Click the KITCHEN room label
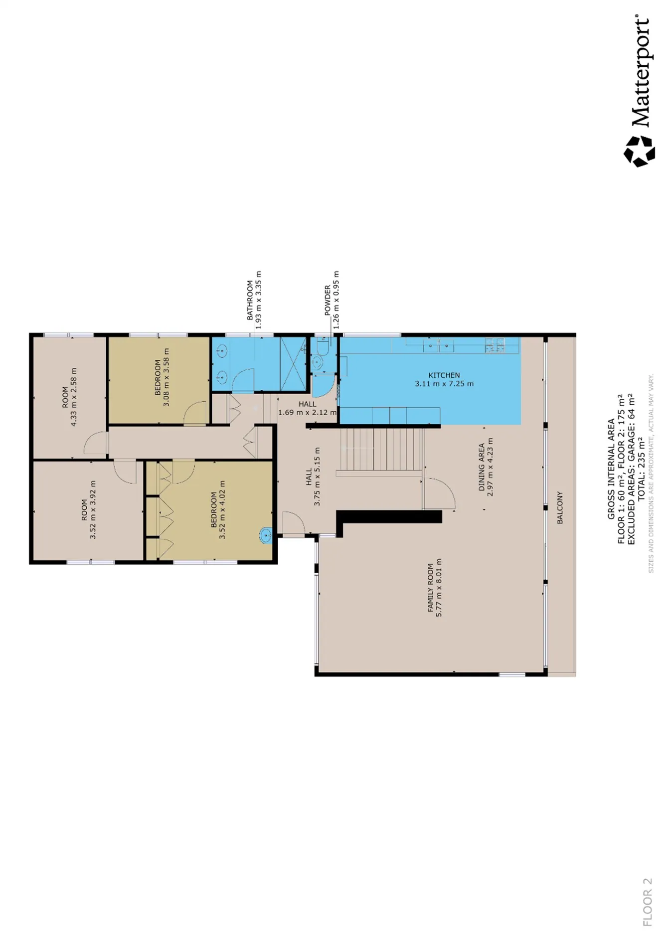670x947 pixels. coord(444,375)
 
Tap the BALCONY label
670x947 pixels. coord(560,508)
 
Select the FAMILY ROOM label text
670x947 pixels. coord(431,588)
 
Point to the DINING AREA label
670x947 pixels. coord(482,467)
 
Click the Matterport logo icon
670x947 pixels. coord(639,151)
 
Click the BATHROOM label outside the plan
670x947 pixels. coord(250,300)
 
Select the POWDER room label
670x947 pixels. coord(328,300)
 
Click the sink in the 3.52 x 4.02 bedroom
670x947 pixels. coord(266,536)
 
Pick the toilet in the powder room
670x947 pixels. coord(322,346)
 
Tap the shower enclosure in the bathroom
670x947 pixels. coord(293,364)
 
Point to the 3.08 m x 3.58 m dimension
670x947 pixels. coord(167,377)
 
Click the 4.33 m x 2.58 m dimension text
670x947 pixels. coord(74,397)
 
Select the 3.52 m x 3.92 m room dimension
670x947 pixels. coord(93,510)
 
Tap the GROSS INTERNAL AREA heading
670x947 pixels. coord(611,469)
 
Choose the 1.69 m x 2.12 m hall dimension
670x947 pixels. coord(307,412)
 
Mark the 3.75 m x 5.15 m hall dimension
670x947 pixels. coord(317,476)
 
